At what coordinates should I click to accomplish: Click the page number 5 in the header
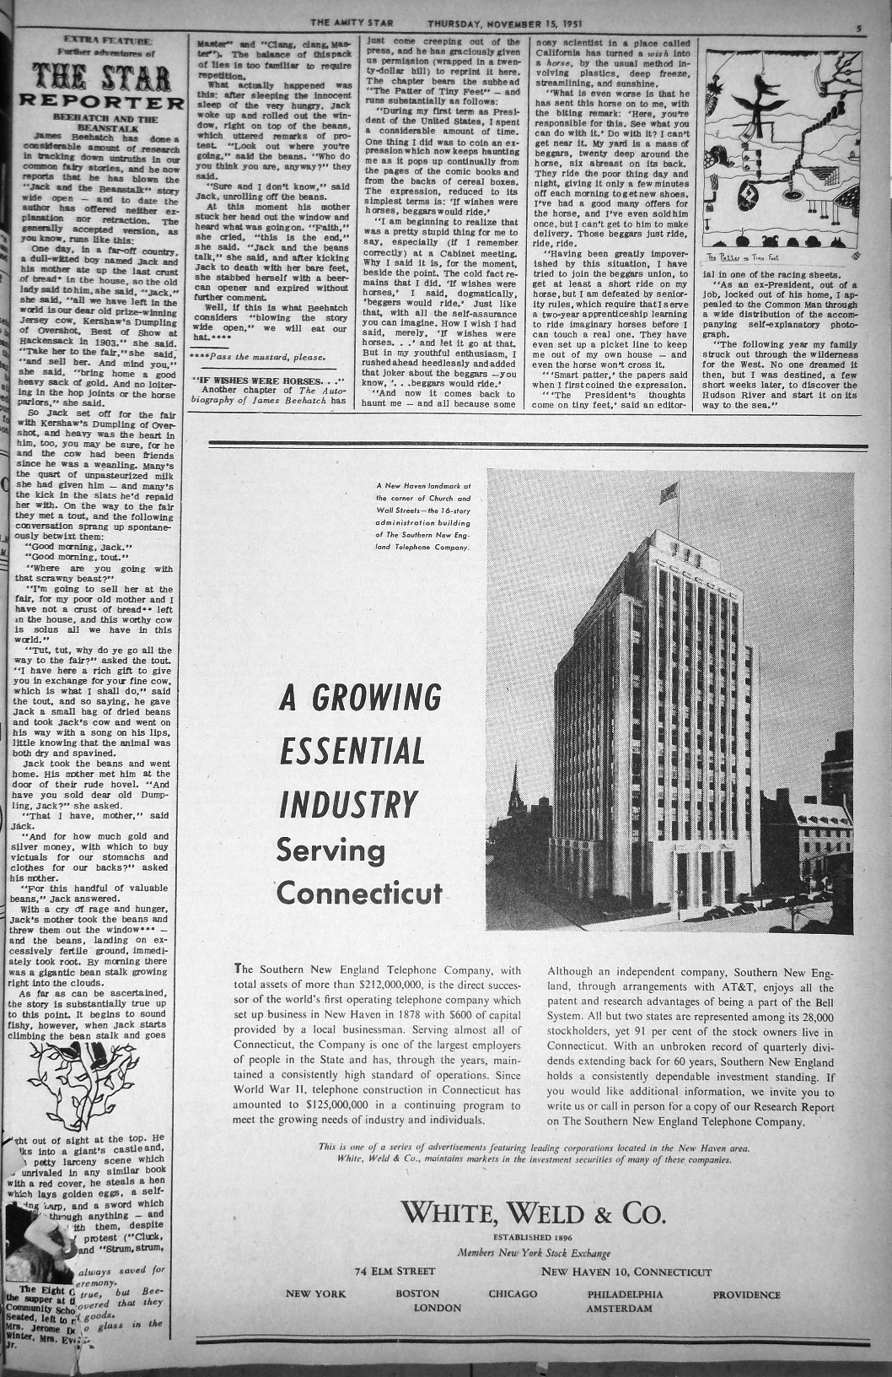857,27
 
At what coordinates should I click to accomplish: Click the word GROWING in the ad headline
377,699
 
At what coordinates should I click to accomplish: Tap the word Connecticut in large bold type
358,893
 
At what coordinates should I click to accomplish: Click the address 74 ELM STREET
395,1272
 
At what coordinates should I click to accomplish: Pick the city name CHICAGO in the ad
513,1294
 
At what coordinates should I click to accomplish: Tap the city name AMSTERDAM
619,1309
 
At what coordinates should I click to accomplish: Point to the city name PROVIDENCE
746,1294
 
